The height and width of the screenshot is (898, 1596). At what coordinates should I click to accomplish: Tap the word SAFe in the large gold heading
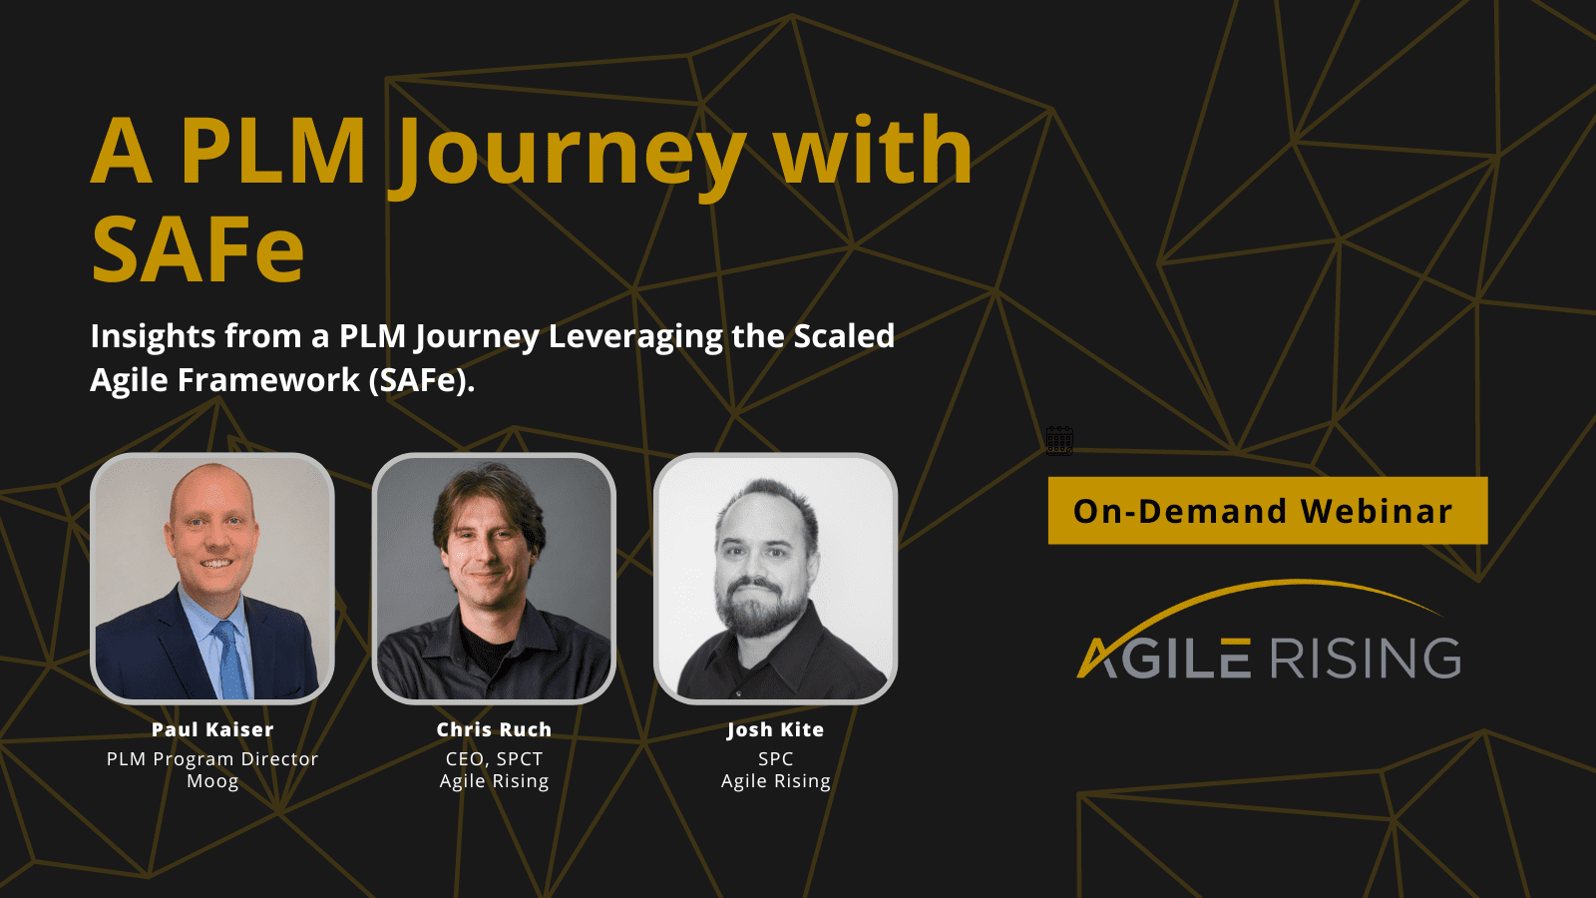199,248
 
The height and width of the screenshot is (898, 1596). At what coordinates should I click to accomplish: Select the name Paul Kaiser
212,729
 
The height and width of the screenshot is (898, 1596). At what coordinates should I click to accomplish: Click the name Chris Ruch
494,729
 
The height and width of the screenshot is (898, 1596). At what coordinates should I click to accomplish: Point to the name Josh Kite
775,729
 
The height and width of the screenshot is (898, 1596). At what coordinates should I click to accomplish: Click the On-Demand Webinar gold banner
1268,510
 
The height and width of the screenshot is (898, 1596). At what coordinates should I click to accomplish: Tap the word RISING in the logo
1366,658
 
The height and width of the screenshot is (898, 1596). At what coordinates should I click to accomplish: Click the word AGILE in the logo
1164,658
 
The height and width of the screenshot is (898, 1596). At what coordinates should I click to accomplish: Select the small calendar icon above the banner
1059,440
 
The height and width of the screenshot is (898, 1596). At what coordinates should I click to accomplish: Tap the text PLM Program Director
212,759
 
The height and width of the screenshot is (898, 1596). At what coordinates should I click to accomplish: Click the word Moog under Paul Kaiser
212,781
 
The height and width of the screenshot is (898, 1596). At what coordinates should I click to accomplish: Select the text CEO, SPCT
494,759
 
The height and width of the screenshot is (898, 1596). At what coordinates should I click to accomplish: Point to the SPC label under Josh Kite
775,759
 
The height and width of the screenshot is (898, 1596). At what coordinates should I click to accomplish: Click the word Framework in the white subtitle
268,380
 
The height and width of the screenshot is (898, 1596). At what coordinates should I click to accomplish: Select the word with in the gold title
875,151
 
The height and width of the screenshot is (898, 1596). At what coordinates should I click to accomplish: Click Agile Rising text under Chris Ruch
494,781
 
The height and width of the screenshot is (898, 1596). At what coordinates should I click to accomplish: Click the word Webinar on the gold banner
1377,511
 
